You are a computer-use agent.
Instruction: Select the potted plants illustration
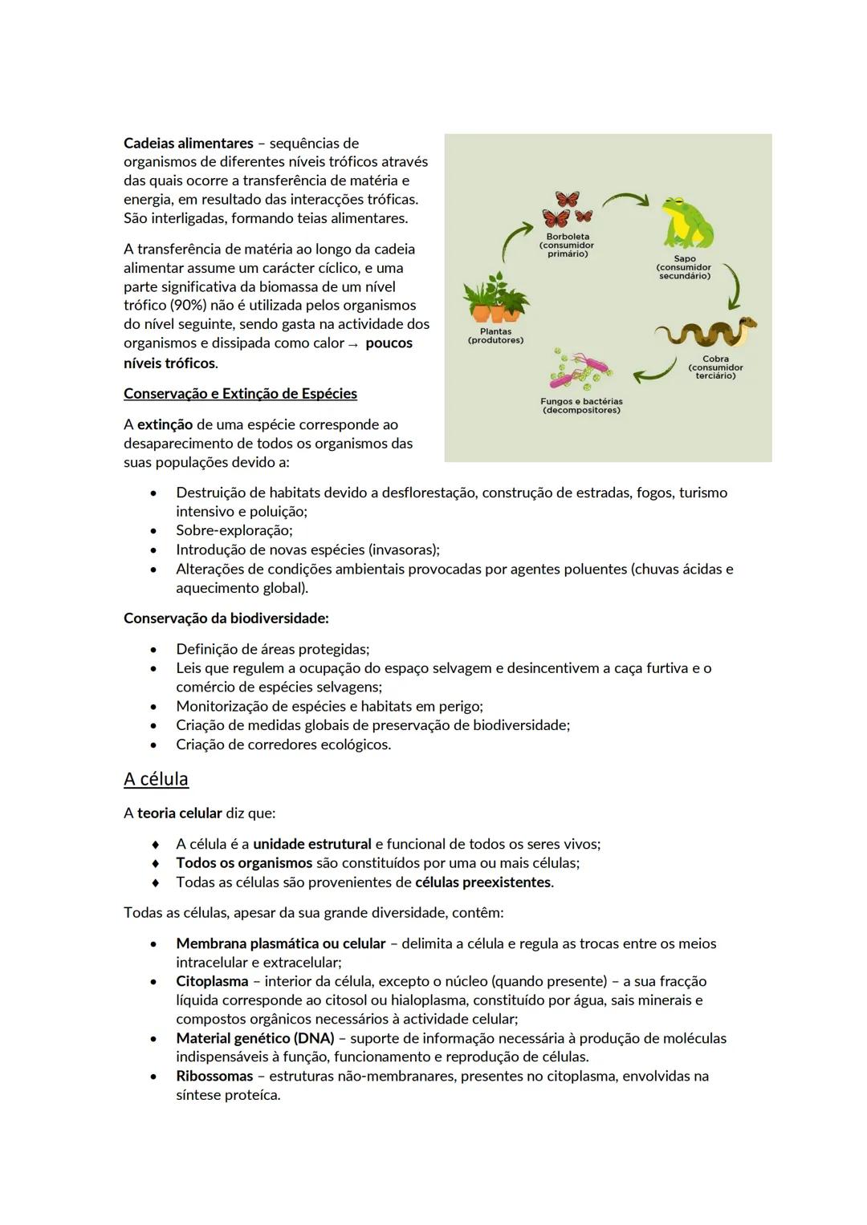(x=496, y=298)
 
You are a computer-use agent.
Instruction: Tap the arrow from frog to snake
(x=732, y=286)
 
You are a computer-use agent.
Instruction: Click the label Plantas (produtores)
(x=495, y=336)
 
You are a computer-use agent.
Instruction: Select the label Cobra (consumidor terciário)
(x=715, y=367)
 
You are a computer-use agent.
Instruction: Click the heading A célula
(x=156, y=779)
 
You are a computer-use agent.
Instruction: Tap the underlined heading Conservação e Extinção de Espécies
(x=240, y=394)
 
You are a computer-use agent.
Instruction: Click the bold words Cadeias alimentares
(x=188, y=144)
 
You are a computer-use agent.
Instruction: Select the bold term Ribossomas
(x=214, y=1077)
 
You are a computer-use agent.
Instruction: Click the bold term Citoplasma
(x=212, y=981)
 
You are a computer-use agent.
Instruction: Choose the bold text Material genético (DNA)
(x=254, y=1038)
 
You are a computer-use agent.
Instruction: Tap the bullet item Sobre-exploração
(x=234, y=530)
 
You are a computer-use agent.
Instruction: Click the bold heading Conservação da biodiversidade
(x=226, y=619)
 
